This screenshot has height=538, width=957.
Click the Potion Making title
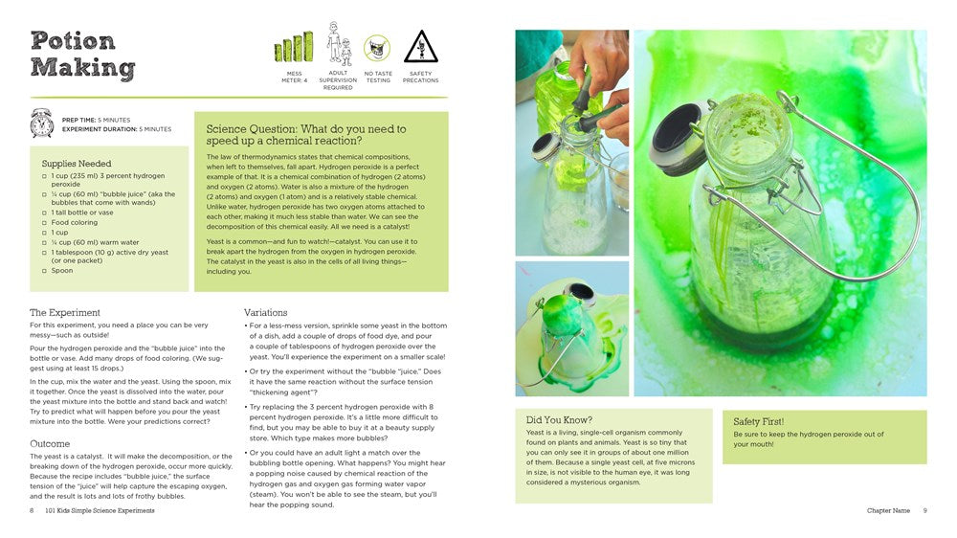82,55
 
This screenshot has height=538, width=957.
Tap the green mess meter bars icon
294,47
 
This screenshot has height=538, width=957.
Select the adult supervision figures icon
337,45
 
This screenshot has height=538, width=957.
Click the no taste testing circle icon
377,48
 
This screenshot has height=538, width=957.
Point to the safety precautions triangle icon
420,47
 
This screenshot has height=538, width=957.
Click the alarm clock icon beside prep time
41,123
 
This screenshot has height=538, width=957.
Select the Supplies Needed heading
77,164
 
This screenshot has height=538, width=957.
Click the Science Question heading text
306,135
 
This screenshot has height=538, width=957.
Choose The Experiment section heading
65,312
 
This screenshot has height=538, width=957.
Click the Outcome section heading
50,443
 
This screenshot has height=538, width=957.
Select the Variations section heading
266,312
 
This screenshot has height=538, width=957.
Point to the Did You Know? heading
560,419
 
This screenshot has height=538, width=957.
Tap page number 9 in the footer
925,511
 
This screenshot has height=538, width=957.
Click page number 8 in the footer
32,511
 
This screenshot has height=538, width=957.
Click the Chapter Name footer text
888,511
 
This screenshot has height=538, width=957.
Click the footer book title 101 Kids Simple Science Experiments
100,511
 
